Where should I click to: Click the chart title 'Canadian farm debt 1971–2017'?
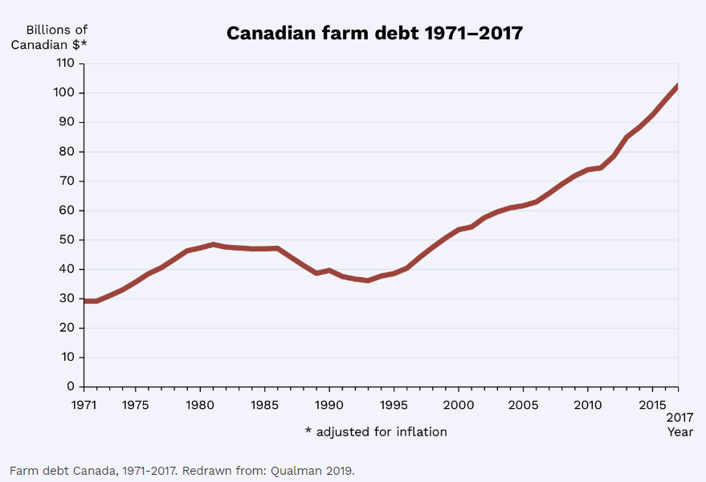point(374,33)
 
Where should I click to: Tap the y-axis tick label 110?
point(65,63)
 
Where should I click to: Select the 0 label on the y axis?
point(71,386)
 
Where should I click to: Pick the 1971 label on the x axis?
point(84,405)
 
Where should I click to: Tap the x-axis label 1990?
point(329,405)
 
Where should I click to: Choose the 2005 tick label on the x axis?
point(523,405)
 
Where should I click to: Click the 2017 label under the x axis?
point(679,417)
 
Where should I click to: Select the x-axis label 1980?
point(200,405)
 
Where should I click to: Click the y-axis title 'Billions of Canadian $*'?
point(49,38)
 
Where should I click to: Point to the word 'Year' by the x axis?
point(679,432)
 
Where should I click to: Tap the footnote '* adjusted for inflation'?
point(376,432)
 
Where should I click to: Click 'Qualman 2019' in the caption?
point(311,471)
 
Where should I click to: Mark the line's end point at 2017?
point(678,87)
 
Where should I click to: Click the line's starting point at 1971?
point(84,301)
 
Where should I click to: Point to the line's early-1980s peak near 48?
point(213,244)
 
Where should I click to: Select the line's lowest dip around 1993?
point(368,280)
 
